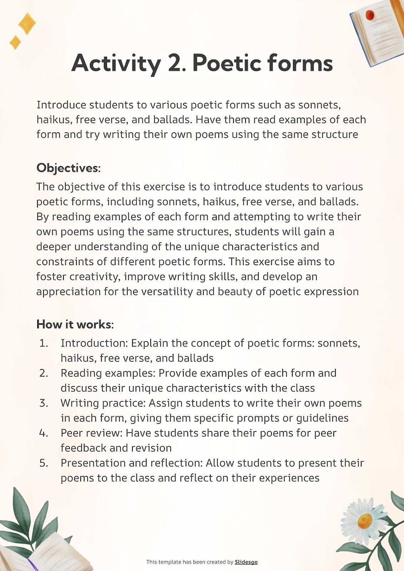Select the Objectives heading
coord(68,168)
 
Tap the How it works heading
coord(74,324)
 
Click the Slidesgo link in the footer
coord(246,562)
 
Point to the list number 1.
coord(43,343)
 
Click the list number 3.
coord(44,403)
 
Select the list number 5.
coord(44,463)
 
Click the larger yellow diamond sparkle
coord(27,24)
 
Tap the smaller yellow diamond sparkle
coord(15,42)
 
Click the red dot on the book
coord(370,15)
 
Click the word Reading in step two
coord(81,373)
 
